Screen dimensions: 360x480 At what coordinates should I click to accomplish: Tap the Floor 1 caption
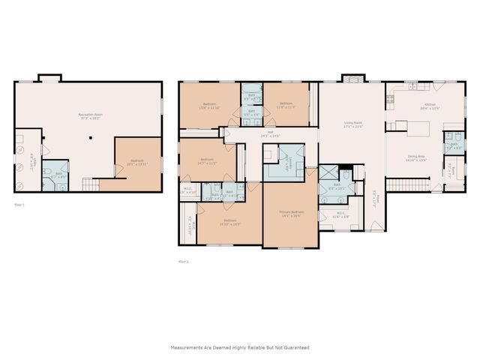(x=20, y=203)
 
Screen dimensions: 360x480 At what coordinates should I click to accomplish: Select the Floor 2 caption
(x=184, y=261)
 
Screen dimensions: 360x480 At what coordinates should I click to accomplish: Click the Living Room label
(x=353, y=125)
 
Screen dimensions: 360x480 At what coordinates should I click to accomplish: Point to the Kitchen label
(x=430, y=106)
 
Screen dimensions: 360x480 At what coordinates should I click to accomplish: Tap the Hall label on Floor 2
(x=269, y=135)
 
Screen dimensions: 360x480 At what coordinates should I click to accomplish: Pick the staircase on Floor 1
(x=90, y=184)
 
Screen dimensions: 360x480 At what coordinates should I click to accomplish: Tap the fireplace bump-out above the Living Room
(x=352, y=78)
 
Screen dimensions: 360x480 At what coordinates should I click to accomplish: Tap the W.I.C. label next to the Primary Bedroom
(x=340, y=214)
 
